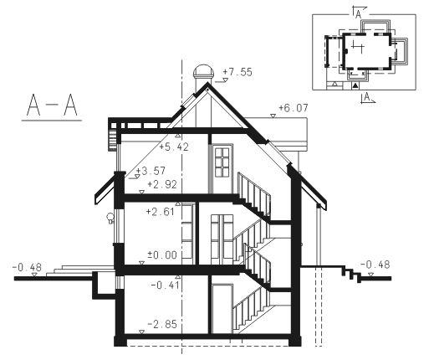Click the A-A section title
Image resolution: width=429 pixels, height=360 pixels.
pyautogui.click(x=52, y=105)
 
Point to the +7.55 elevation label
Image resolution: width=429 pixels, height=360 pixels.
pyautogui.click(x=237, y=72)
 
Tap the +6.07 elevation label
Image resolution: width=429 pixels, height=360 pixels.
pyautogui.click(x=294, y=108)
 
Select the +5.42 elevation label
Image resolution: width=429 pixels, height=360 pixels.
pyautogui.click(x=174, y=147)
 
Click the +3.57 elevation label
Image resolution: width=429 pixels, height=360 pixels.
pyautogui.click(x=151, y=171)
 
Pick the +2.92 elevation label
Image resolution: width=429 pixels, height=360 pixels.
pyautogui.click(x=162, y=184)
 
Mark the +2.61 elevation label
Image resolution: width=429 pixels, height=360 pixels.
pyautogui.click(x=161, y=212)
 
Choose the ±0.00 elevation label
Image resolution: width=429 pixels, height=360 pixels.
pyautogui.click(x=162, y=255)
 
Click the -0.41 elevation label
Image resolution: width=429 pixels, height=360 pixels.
pyautogui.click(x=166, y=285)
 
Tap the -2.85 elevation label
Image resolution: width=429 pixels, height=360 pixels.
pyautogui.click(x=162, y=324)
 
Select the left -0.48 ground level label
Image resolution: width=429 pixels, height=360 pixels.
pyautogui.click(x=27, y=267)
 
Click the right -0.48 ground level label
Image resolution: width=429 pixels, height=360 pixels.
pyautogui.click(x=375, y=265)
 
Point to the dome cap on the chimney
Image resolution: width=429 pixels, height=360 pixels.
pyautogui.click(x=204, y=71)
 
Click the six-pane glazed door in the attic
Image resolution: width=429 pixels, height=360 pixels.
pyautogui.click(x=222, y=162)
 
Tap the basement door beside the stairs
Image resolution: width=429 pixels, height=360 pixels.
pyautogui.click(x=222, y=309)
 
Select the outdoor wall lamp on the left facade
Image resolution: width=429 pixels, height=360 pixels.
pyautogui.click(x=110, y=218)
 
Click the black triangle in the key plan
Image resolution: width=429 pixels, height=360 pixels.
pyautogui.click(x=355, y=85)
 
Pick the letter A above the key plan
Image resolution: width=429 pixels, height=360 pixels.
pyautogui.click(x=359, y=14)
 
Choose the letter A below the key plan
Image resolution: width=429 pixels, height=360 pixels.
pyautogui.click(x=367, y=97)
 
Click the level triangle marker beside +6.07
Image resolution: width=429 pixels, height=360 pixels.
pyautogui.click(x=273, y=116)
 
